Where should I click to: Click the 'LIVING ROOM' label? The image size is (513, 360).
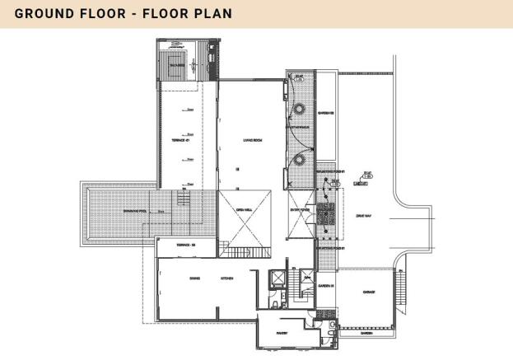[x=252, y=140]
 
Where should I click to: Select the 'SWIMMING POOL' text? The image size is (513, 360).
[x=135, y=212]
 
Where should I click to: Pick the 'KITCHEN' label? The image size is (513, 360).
[x=226, y=278]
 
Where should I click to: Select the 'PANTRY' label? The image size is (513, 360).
[x=279, y=334]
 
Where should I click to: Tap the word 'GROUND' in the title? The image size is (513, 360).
[x=47, y=14]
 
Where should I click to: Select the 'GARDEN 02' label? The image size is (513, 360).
[x=326, y=113]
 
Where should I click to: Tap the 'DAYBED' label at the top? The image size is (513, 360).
[x=177, y=63]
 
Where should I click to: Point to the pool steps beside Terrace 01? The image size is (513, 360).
[x=185, y=200]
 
